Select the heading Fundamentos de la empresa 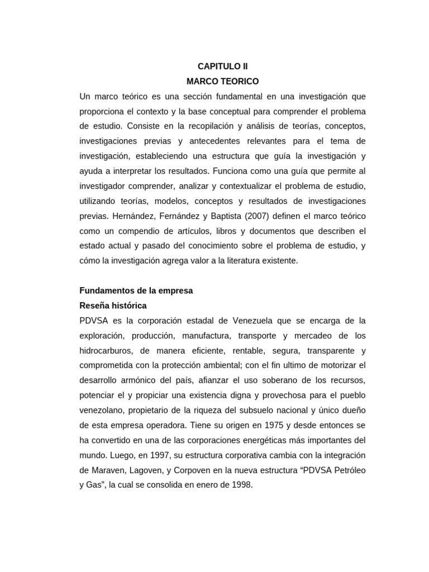(136, 290)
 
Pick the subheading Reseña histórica (113, 306)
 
